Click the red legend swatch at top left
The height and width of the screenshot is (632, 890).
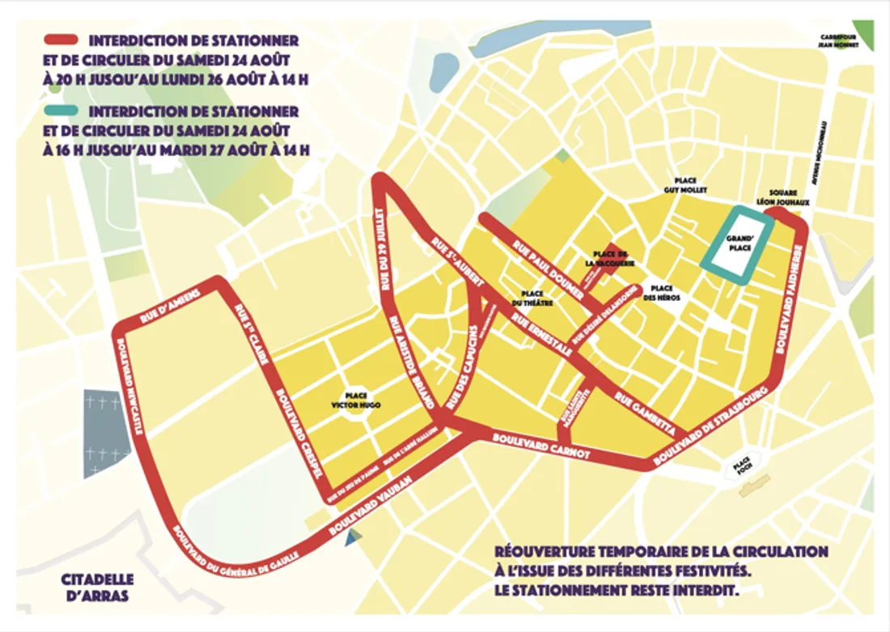61,40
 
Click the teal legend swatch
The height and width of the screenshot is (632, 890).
61,111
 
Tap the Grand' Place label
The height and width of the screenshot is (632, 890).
740,243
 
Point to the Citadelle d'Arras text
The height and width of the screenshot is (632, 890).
98,587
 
